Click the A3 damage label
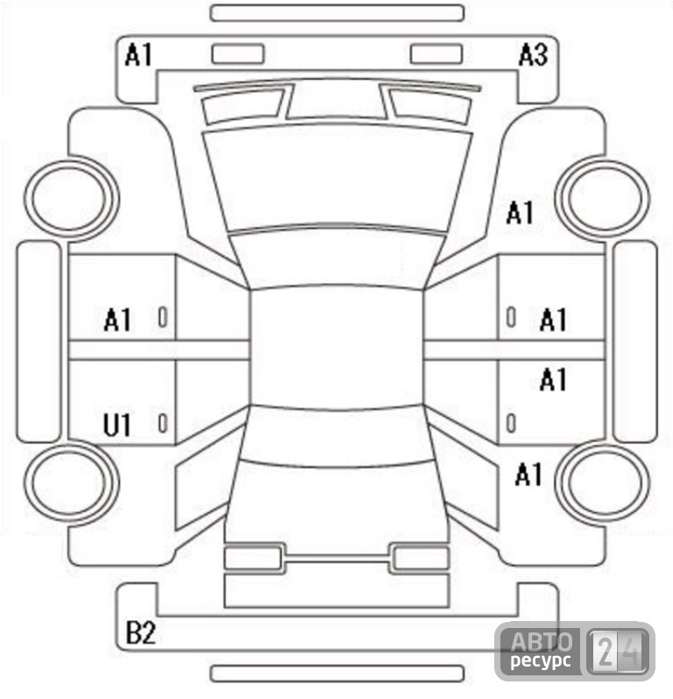[533, 55]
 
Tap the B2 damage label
[140, 632]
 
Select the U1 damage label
[117, 425]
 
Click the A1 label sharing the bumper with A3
[138, 55]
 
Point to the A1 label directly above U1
[117, 320]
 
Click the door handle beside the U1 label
[163, 423]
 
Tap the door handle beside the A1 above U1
[163, 317]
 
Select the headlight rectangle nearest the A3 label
[436, 54]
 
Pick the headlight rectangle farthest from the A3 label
[237, 54]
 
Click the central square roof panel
[336, 347]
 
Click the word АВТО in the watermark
[542, 642]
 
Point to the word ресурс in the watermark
[541, 660]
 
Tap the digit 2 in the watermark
[606, 652]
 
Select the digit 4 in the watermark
[633, 652]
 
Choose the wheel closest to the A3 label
[602, 198]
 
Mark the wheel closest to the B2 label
[71, 484]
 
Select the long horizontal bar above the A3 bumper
[337, 13]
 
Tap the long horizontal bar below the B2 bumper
[337, 673]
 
